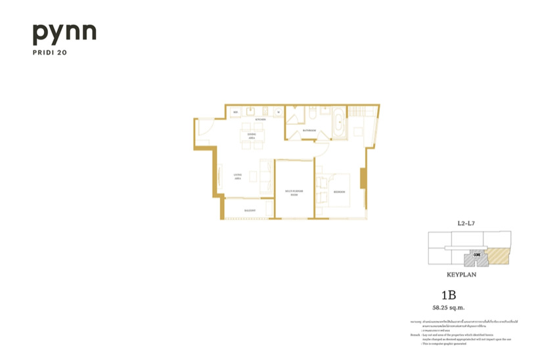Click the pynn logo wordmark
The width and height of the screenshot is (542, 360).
(64, 34)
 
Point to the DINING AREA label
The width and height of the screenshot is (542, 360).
(251, 137)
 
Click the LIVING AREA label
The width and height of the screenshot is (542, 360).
(238, 175)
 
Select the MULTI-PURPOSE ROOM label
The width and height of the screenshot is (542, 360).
(292, 192)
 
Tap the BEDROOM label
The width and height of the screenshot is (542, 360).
(340, 192)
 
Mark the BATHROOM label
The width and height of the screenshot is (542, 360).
(310, 131)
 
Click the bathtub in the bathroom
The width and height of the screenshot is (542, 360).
(339, 124)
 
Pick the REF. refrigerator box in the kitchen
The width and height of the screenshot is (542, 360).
(237, 112)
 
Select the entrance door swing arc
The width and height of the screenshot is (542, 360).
(204, 130)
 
